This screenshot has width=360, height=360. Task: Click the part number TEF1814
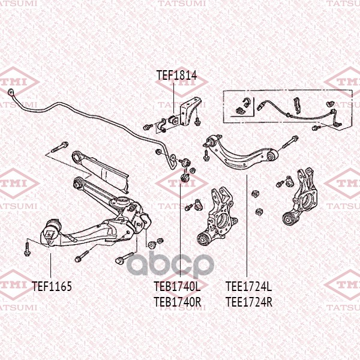point(176,76)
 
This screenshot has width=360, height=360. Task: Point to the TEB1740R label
point(177,302)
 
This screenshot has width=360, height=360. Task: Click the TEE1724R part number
point(248,302)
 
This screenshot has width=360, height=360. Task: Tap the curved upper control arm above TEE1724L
point(240,153)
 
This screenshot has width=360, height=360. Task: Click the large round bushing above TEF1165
point(52,231)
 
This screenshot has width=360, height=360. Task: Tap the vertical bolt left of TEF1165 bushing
point(27,247)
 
